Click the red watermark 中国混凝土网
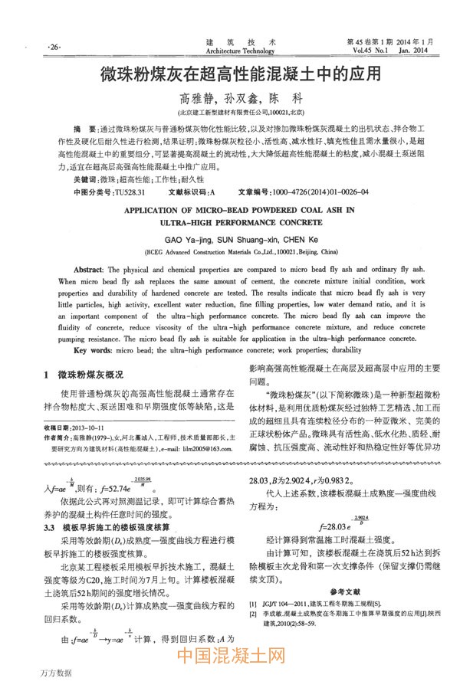[x=231, y=656]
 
